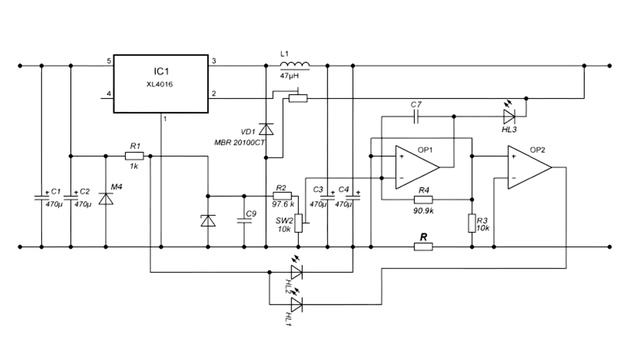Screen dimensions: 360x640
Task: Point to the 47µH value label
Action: click(x=290, y=76)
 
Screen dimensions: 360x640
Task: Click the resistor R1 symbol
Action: click(x=135, y=156)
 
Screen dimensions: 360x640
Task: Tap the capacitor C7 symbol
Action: click(x=417, y=116)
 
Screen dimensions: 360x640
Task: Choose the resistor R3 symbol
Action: click(x=470, y=223)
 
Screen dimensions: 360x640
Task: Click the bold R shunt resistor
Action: click(x=424, y=244)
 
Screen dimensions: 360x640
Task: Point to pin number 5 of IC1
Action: click(x=109, y=62)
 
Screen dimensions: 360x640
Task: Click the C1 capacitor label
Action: click(x=56, y=191)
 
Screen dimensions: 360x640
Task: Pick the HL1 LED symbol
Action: click(x=296, y=301)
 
